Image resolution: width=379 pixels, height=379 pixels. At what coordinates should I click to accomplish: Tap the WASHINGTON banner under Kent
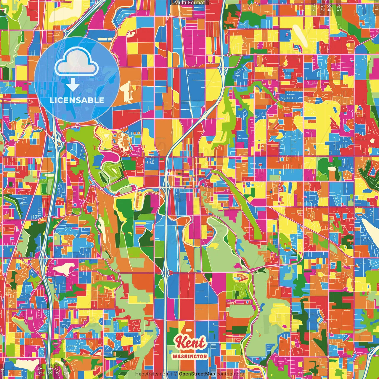[189, 356]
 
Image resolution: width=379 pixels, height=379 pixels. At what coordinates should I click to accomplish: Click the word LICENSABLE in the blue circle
[77, 100]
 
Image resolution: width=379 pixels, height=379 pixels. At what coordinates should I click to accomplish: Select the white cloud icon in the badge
[76, 62]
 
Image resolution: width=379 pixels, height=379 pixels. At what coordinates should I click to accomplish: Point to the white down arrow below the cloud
[73, 85]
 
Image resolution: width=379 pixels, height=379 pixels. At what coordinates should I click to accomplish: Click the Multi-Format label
[189, 3]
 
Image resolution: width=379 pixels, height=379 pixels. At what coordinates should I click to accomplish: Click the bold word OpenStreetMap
[197, 374]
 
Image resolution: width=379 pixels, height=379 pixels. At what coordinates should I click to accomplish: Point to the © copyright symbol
[176, 374]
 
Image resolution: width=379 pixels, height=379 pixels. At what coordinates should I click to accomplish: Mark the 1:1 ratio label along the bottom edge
[3, 372]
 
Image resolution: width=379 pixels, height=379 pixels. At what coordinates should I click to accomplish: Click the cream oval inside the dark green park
[332, 169]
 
